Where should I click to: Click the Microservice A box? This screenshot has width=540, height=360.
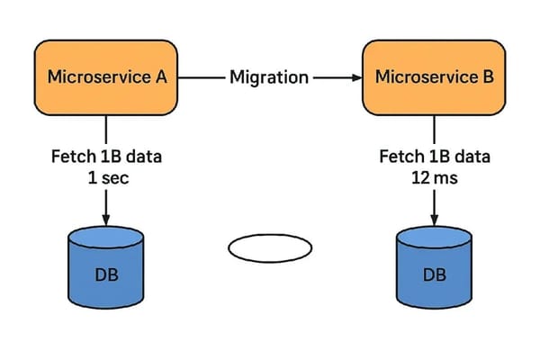(x=106, y=76)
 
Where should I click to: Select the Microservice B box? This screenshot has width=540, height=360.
(x=434, y=76)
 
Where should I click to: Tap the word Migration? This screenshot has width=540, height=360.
(x=268, y=77)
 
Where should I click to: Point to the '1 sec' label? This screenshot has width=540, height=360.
(x=107, y=177)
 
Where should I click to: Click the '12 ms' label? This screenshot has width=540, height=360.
(x=434, y=177)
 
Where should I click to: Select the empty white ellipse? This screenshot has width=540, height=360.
(x=269, y=247)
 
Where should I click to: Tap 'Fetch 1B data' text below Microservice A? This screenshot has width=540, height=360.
(x=107, y=157)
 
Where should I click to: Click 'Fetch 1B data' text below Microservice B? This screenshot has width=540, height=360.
(x=434, y=157)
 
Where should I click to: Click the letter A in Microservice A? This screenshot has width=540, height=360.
(x=161, y=76)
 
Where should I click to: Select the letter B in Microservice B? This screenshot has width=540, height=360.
(x=488, y=76)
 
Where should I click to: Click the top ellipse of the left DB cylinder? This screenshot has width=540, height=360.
(x=107, y=238)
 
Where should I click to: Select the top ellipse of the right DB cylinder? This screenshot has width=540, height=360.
(x=434, y=238)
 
